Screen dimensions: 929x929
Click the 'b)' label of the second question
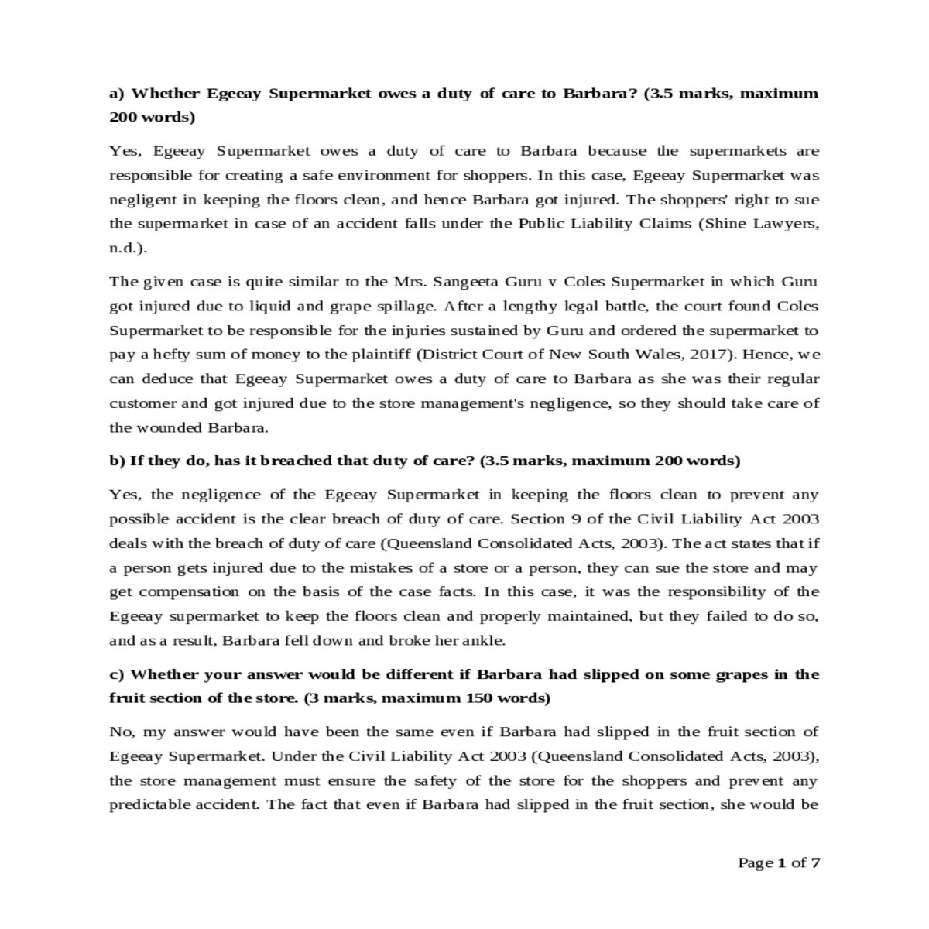click(x=117, y=461)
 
